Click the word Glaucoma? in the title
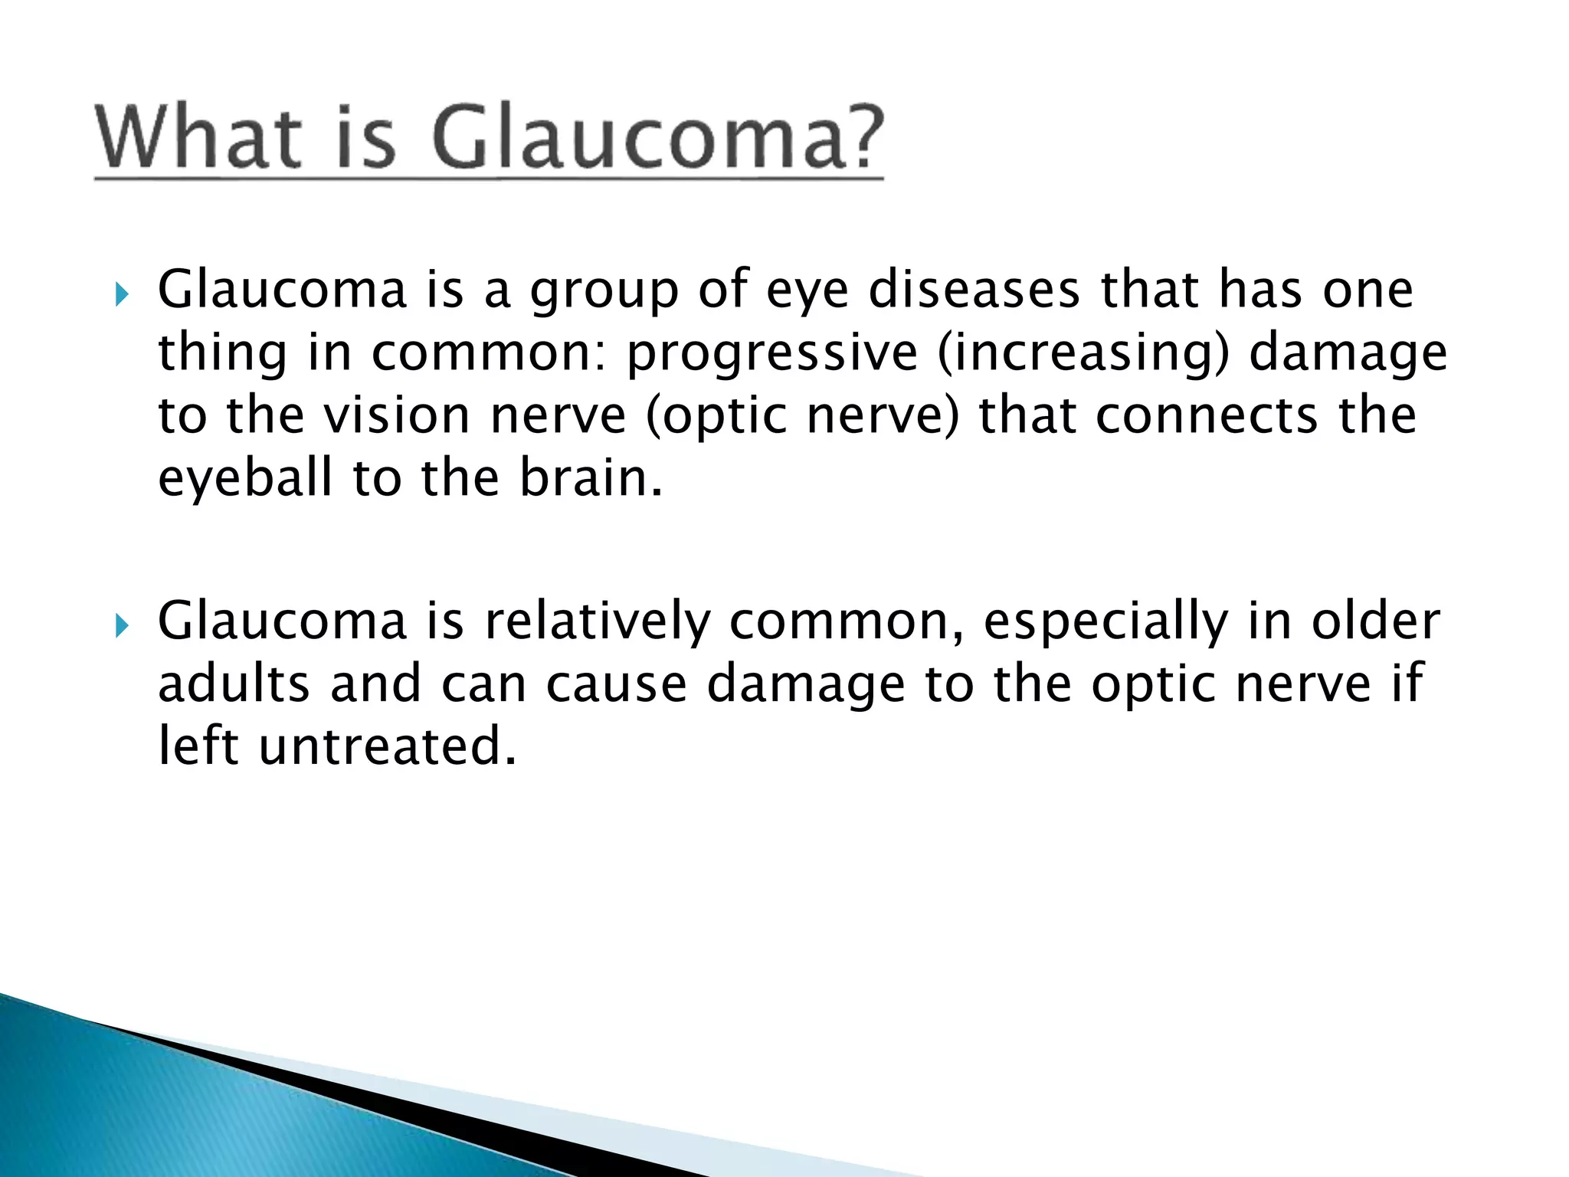coord(657,138)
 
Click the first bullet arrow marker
coord(121,294)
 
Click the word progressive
coord(771,354)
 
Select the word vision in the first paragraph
coord(396,416)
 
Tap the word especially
coord(1106,622)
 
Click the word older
coord(1375,622)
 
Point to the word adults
coord(234,684)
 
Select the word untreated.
coord(387,747)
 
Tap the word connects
coord(1207,416)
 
